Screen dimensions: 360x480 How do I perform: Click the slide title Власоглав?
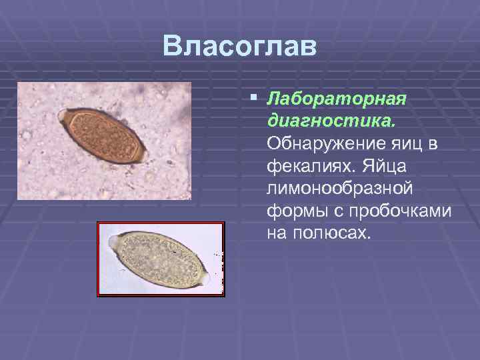click(x=240, y=46)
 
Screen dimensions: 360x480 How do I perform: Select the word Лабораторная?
click(x=336, y=99)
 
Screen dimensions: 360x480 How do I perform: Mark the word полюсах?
click(x=330, y=233)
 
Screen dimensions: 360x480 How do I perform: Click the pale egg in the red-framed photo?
click(x=160, y=257)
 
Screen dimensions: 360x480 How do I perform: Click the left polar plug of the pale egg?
click(x=115, y=239)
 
